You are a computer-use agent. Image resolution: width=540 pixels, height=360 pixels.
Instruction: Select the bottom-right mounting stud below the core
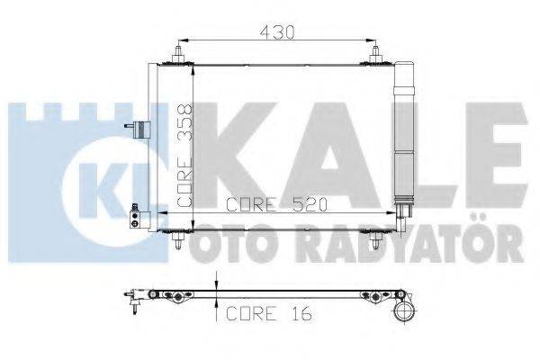pos(375,239)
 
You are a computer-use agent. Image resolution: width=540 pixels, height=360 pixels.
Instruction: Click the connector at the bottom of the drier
pos(406,211)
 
